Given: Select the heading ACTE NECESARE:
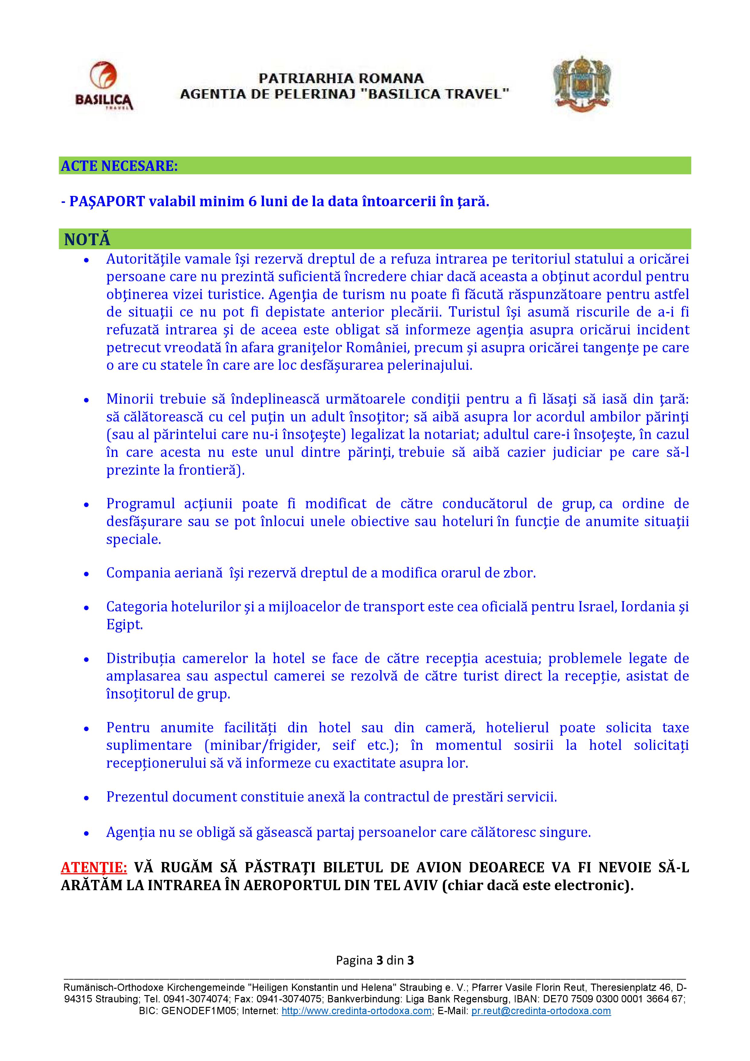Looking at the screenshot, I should (119, 166).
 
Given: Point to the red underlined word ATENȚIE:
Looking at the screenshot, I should (94, 867).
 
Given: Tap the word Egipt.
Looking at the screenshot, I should (124, 625).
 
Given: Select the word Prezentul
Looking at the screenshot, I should (135, 797).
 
